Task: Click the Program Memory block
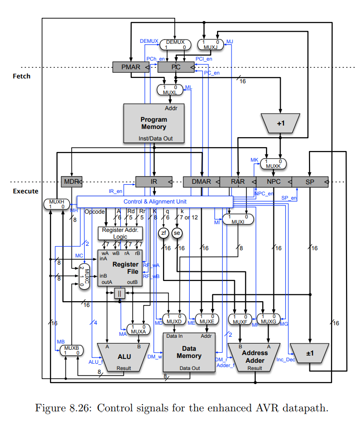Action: point(154,123)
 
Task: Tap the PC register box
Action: point(176,67)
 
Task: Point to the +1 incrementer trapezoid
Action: point(281,123)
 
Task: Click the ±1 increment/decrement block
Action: point(309,353)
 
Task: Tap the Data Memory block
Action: point(189,352)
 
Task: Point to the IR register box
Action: point(154,182)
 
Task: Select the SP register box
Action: point(310,182)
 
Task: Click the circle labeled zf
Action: point(164,233)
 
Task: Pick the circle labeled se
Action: point(177,233)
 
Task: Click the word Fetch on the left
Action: point(21,76)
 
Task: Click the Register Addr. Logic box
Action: point(120,233)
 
